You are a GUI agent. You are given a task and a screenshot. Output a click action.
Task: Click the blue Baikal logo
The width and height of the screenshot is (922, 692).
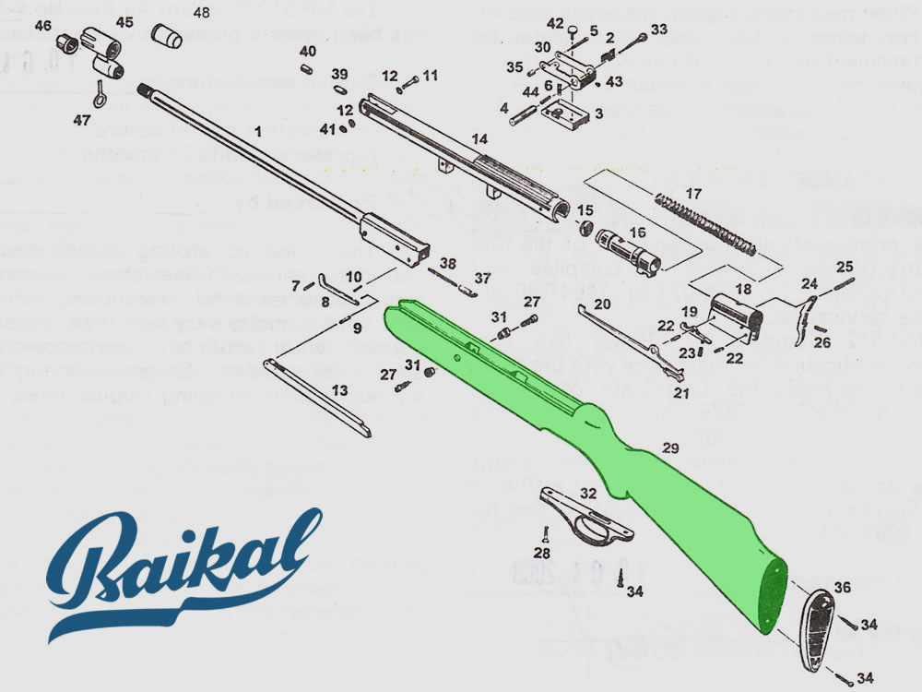click(175, 572)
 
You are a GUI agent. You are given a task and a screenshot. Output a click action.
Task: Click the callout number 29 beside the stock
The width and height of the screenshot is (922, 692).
click(670, 447)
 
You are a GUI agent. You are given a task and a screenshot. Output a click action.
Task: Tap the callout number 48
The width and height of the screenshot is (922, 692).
click(202, 12)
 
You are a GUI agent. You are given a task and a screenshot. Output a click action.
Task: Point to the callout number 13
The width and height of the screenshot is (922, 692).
click(340, 390)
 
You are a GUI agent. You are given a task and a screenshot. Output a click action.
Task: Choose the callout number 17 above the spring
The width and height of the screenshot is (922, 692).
click(692, 194)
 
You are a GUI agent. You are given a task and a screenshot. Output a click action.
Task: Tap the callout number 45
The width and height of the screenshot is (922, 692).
click(124, 21)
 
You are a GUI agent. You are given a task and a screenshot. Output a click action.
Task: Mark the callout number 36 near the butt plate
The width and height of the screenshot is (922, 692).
click(843, 586)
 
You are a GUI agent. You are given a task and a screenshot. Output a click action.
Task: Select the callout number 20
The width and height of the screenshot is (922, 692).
click(602, 304)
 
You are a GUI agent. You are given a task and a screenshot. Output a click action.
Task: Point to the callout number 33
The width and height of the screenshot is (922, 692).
click(658, 30)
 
